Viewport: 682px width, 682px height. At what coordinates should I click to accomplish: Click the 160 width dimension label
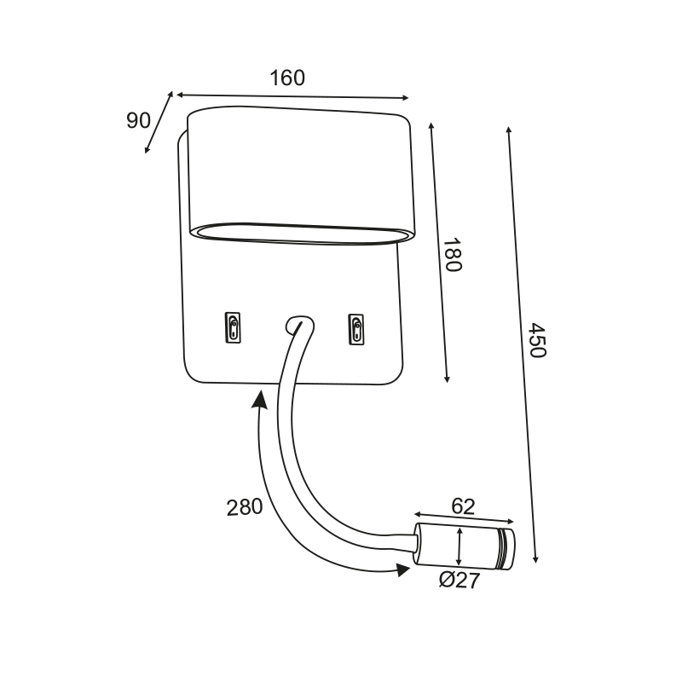[x=287, y=78]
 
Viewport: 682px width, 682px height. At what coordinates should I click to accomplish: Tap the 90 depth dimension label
[x=138, y=120]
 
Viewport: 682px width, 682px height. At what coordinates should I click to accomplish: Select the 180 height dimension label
[x=452, y=254]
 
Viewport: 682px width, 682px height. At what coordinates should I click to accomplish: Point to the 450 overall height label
[x=536, y=340]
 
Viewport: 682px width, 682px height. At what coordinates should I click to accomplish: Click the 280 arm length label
[x=245, y=507]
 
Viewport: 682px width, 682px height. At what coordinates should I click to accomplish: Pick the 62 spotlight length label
[x=463, y=506]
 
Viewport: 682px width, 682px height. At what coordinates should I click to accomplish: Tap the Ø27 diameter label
[x=459, y=581]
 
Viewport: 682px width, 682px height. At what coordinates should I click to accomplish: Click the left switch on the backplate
[x=233, y=327]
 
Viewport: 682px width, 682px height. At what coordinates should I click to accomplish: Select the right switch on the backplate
[x=356, y=330]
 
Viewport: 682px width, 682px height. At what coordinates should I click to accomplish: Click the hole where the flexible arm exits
[x=299, y=326]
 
